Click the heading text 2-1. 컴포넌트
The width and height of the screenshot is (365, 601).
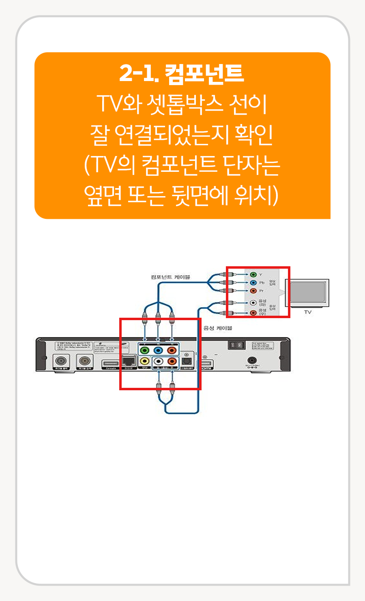(182, 73)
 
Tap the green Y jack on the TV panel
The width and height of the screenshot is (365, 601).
(253, 275)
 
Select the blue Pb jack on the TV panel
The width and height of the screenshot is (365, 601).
(253, 282)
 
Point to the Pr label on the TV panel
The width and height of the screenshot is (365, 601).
(262, 291)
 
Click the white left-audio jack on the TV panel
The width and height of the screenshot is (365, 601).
(253, 302)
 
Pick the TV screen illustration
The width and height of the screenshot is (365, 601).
(308, 292)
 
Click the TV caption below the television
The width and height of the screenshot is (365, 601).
(308, 312)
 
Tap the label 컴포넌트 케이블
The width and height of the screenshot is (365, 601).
(170, 277)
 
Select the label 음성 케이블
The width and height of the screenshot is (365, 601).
(218, 328)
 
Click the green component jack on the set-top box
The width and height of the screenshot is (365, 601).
(144, 350)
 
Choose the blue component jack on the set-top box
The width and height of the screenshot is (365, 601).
(159, 350)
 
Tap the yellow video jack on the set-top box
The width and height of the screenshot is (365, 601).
(144, 361)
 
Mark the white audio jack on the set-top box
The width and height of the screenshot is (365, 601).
(159, 361)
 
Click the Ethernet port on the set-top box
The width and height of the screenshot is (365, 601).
(129, 360)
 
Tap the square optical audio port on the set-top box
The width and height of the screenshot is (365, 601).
(187, 360)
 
